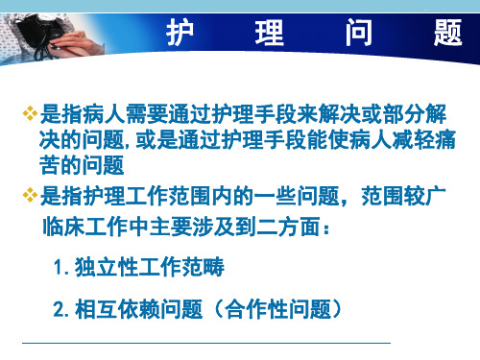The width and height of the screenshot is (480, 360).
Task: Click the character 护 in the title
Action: pyautogui.click(x=180, y=32)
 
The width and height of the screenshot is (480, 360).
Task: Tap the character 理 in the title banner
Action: pyautogui.click(x=269, y=32)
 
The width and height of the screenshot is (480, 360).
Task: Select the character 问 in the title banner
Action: pyautogui.click(x=359, y=32)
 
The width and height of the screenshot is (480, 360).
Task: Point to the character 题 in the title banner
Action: pyautogui.click(x=448, y=32)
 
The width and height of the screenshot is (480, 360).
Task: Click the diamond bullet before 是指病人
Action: pyautogui.click(x=30, y=113)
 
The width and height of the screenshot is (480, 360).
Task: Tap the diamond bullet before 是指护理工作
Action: pyautogui.click(x=30, y=195)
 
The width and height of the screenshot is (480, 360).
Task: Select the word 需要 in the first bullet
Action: pyautogui.click(x=147, y=114)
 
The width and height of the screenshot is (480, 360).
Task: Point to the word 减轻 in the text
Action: pyautogui.click(x=414, y=140)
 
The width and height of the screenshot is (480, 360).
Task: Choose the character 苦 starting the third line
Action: pyautogui.click(x=50, y=165)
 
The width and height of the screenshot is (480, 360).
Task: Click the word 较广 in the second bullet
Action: pyautogui.click(x=424, y=196)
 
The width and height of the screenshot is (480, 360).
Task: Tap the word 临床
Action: pyautogui.click(x=63, y=227)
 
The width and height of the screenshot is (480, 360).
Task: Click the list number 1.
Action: pyautogui.click(x=59, y=267)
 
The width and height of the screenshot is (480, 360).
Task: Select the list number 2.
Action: pyautogui.click(x=60, y=309)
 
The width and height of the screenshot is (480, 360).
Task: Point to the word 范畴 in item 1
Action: pyautogui.click(x=203, y=267)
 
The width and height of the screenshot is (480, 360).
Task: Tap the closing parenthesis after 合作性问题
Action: pyautogui.click(x=336, y=309)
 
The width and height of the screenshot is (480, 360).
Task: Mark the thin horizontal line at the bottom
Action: pyautogui.click(x=206, y=343)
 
